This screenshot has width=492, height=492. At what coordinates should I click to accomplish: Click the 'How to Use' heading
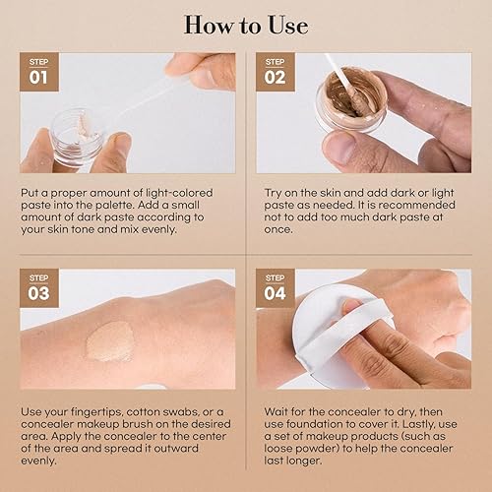pyautogui.click(x=245, y=24)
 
